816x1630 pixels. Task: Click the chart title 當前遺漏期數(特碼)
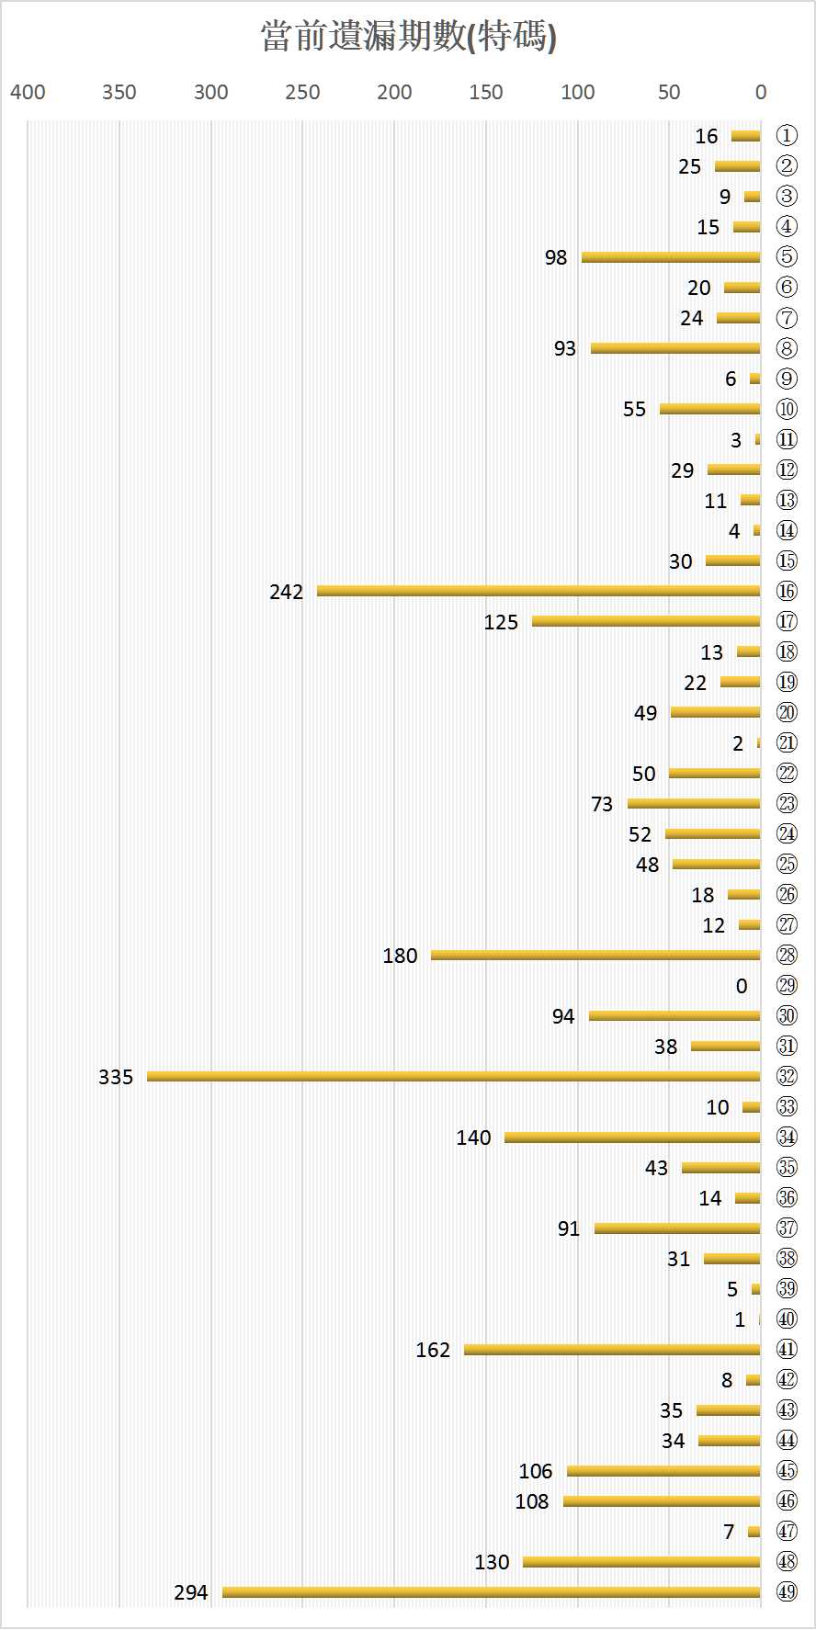click(408, 38)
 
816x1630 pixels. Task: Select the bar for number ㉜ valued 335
click(453, 1076)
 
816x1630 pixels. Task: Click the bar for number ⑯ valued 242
click(538, 591)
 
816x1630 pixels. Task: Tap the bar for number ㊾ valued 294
click(492, 1591)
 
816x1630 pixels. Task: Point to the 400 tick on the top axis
click(28, 92)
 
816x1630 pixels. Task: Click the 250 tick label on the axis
click(302, 92)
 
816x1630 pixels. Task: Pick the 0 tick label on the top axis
click(761, 92)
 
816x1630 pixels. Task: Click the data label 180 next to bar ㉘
click(400, 956)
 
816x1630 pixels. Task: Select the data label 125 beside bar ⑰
click(501, 622)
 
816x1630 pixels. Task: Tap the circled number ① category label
click(787, 136)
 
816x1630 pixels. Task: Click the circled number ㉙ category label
click(787, 985)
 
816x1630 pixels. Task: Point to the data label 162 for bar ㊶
click(433, 1350)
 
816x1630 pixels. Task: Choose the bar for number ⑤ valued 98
click(671, 257)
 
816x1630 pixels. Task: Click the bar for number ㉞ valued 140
click(632, 1138)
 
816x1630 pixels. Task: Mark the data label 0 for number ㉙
click(742, 986)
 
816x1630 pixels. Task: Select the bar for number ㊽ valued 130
click(641, 1561)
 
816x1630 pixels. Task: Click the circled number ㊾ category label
click(787, 1591)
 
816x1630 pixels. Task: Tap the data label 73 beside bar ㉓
click(602, 804)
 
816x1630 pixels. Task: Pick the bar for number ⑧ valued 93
click(675, 348)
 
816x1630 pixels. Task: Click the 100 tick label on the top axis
click(578, 92)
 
